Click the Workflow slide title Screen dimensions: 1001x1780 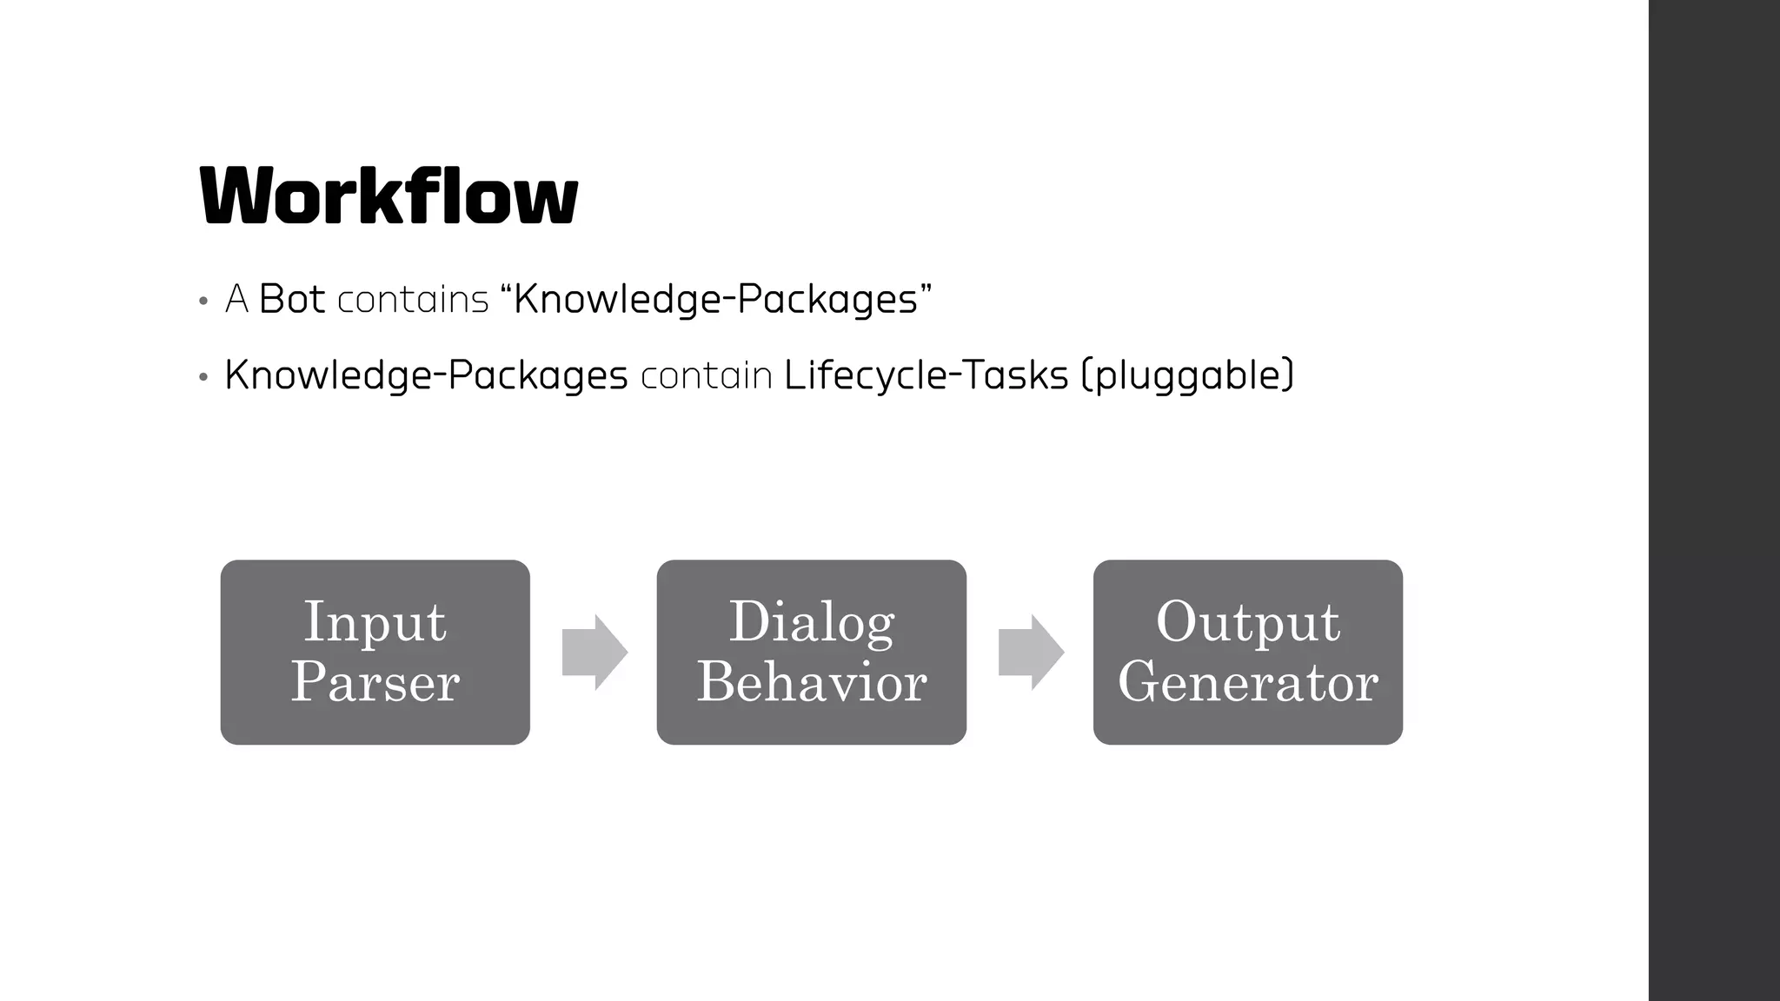(x=389, y=196)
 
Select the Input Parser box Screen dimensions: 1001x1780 (x=375, y=652)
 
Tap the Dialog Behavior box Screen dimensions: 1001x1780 (x=811, y=652)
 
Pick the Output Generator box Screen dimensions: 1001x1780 (x=1247, y=652)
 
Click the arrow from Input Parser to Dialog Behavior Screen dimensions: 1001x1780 (x=594, y=653)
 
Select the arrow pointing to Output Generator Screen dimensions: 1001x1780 (x=1031, y=653)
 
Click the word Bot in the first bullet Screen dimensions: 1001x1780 (x=292, y=300)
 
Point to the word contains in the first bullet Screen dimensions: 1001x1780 (x=413, y=301)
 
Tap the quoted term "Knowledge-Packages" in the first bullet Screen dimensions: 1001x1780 (x=716, y=300)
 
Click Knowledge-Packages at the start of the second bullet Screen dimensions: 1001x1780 (x=426, y=375)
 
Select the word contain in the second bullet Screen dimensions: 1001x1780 (x=706, y=376)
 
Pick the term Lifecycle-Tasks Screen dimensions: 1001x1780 (x=926, y=375)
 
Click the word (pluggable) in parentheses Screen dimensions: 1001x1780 (x=1188, y=375)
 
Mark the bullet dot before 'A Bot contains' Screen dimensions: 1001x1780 (x=203, y=302)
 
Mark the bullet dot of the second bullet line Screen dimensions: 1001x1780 (x=203, y=378)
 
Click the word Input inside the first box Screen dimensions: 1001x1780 (x=375, y=622)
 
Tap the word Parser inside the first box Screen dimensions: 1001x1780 (x=375, y=682)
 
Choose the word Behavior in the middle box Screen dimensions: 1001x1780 (x=811, y=682)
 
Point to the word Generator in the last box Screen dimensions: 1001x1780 (x=1247, y=682)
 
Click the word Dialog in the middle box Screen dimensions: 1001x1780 (x=811, y=622)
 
